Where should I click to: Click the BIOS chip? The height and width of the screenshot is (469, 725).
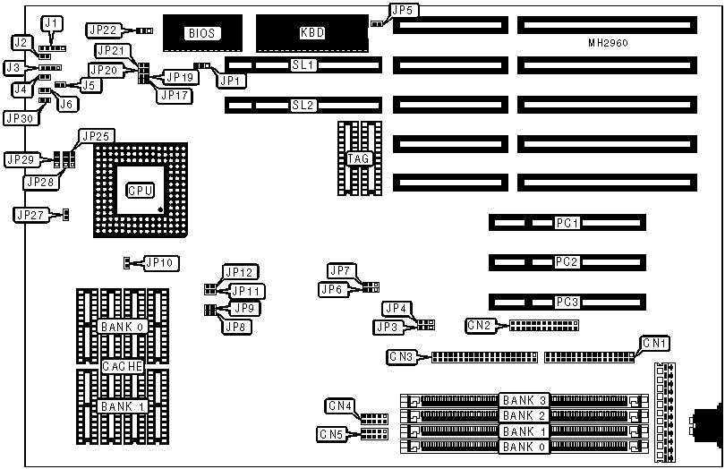(x=202, y=33)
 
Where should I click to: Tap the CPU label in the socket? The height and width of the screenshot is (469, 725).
(x=140, y=190)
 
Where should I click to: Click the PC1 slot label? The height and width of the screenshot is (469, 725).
(x=567, y=222)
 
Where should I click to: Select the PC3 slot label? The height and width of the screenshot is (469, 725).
(x=567, y=301)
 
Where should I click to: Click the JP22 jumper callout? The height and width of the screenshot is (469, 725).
(x=105, y=30)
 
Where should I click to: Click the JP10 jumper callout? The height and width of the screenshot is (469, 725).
(x=162, y=263)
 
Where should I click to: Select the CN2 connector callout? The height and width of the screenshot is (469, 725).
(x=479, y=325)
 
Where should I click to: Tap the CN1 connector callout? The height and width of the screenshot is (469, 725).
(x=655, y=343)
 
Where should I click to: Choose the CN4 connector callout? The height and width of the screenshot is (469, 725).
(x=340, y=406)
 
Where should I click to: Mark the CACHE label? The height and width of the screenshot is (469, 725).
(x=121, y=367)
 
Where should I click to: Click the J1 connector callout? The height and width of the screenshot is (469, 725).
(x=53, y=22)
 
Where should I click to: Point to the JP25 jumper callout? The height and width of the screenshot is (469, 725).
(x=95, y=136)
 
